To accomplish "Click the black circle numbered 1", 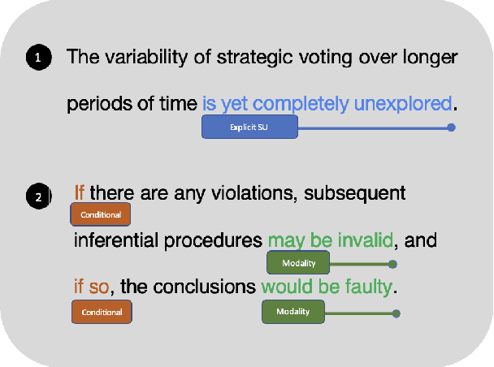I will click(38, 57).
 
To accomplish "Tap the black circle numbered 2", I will click(38, 196).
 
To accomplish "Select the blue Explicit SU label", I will click(249, 127).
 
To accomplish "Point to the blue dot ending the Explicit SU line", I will click(452, 127).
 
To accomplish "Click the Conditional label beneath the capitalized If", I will click(102, 215).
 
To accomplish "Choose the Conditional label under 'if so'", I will click(102, 312).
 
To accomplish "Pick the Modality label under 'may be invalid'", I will click(298, 263).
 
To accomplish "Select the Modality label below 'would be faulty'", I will click(292, 311).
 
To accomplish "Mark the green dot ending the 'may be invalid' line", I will click(392, 264).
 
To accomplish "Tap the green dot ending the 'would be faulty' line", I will click(396, 313).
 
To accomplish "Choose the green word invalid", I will click(366, 240).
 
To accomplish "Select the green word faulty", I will click(366, 287).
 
